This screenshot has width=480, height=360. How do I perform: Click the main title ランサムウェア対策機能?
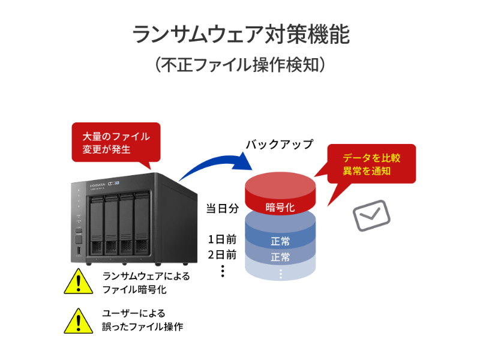click(x=240, y=35)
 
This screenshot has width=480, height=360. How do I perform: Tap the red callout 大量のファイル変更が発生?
click(x=116, y=142)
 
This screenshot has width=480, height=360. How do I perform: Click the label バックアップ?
click(x=279, y=145)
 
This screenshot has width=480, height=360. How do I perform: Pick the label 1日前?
click(x=222, y=238)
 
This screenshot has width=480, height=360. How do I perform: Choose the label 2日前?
click(x=222, y=254)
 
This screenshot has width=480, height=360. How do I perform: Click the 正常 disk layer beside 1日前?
click(x=280, y=241)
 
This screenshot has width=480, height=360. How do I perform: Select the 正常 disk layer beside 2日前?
click(x=280, y=257)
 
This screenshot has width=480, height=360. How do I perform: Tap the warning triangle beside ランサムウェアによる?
click(x=77, y=281)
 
